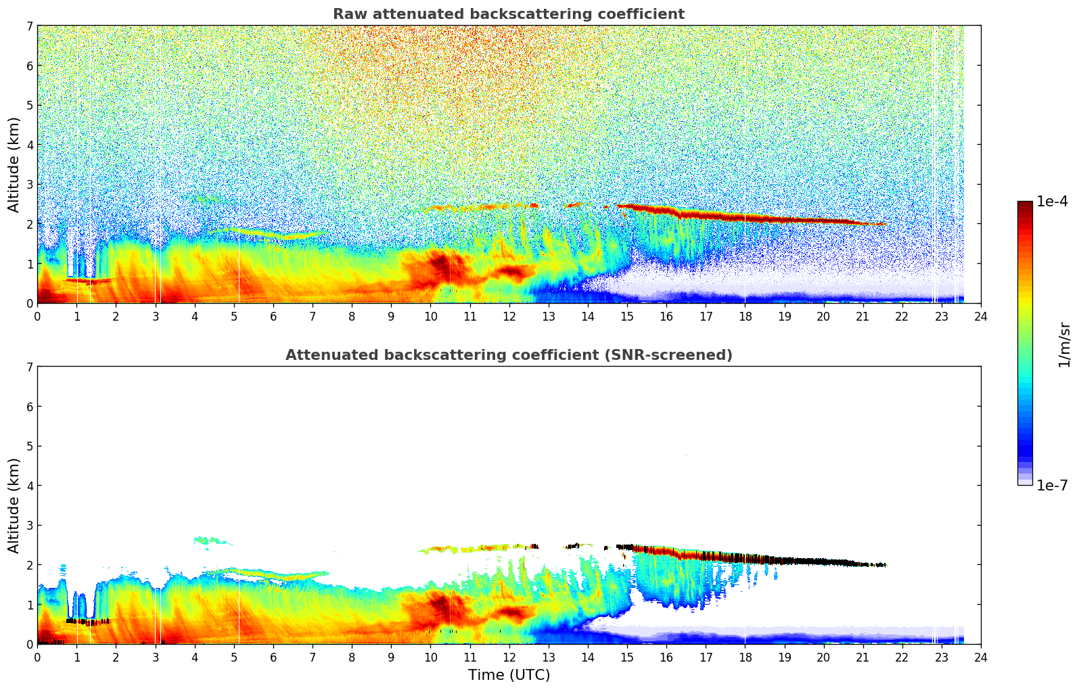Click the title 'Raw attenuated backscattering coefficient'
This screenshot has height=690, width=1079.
point(508,14)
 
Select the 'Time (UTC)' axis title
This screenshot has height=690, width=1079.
point(509,674)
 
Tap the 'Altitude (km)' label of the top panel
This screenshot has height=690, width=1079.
point(14,164)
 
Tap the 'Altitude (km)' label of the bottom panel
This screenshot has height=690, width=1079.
point(14,505)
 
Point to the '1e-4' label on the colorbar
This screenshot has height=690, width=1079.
point(1052,202)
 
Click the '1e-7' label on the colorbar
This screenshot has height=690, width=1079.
point(1052,485)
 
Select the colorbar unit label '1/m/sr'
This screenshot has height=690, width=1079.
point(1064,344)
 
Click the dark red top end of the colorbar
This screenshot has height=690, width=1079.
point(1025,205)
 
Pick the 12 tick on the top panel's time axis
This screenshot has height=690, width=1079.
point(509,316)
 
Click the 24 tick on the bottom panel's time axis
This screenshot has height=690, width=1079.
point(980,657)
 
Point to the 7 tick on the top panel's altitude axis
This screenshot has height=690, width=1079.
point(29,26)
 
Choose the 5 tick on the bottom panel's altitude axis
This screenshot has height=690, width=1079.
point(29,446)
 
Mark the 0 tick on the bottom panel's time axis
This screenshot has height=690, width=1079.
point(37,657)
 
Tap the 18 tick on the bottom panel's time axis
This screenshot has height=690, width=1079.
point(745,657)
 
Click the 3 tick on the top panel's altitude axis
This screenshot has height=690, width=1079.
point(29,185)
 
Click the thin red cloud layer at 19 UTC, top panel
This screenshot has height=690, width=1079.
point(784,219)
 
